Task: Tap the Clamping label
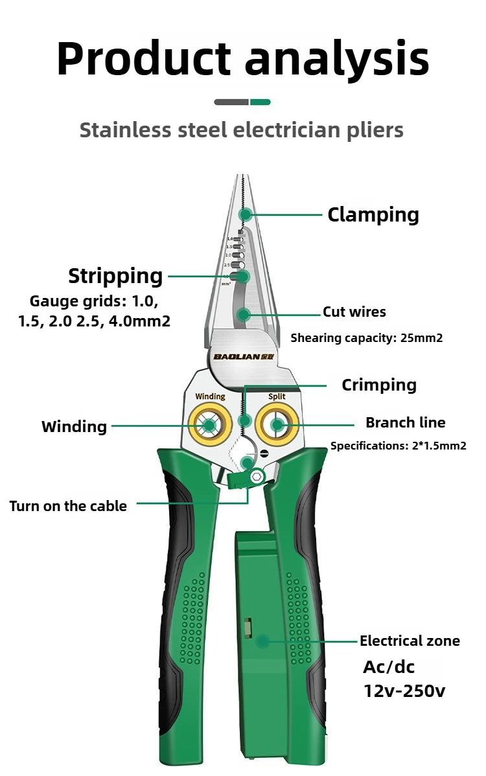point(373,214)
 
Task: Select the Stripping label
point(115,276)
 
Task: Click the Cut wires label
point(354,312)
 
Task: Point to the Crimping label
point(379,385)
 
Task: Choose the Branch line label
point(405,423)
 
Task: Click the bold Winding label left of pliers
point(74,427)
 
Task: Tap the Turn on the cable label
point(68,506)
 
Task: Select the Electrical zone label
point(410,641)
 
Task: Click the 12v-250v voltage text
point(404,690)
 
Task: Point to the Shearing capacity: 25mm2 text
point(366,337)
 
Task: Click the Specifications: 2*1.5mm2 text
point(398,446)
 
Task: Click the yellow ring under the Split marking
point(277,425)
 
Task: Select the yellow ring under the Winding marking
point(210,425)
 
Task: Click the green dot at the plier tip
point(245,214)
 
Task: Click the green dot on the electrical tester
point(262,641)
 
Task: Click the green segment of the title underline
point(260,102)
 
